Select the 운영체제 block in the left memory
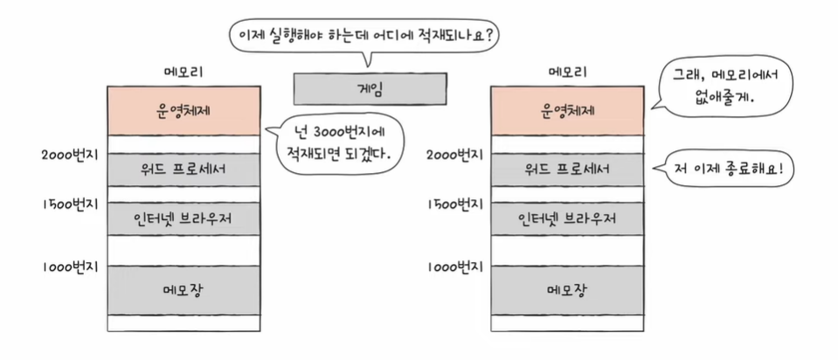pos(183,110)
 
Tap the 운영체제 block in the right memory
pos(568,110)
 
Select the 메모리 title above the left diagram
pos(184,71)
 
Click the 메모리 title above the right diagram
pos(568,71)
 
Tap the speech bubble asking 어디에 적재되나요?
pos(368,36)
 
